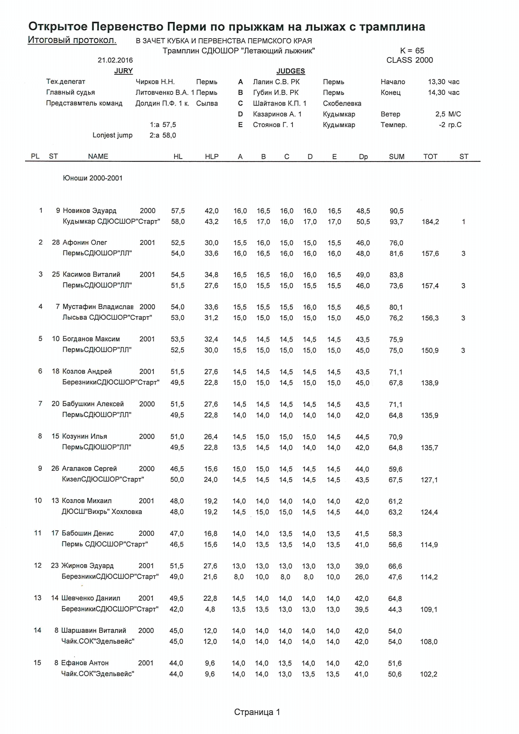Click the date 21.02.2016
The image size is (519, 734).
[x=115, y=60]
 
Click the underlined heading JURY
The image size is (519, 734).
[x=123, y=71]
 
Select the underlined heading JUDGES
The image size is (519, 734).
[x=291, y=71]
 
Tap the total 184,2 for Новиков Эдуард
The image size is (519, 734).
[x=430, y=222]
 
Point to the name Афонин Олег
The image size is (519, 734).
[x=85, y=242]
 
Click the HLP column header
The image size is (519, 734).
[x=211, y=156]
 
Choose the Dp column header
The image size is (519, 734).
[x=363, y=157]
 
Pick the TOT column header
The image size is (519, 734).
[x=430, y=156]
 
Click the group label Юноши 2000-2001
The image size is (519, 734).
[x=93, y=178]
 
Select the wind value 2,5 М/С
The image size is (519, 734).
[x=448, y=114]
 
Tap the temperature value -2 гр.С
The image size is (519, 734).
[x=450, y=125]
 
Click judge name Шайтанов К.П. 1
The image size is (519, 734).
[x=280, y=103]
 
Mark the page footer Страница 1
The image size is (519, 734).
[x=257, y=712]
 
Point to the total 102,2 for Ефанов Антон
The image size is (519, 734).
[x=428, y=674]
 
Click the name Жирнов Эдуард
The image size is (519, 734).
[x=87, y=565]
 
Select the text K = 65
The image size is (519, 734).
[x=412, y=51]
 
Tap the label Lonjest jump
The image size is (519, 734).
[x=113, y=135]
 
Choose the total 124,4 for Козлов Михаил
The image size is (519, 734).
[x=429, y=512]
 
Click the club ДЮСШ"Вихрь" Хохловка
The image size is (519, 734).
[x=102, y=511]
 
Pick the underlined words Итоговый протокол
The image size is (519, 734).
[x=72, y=40]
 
